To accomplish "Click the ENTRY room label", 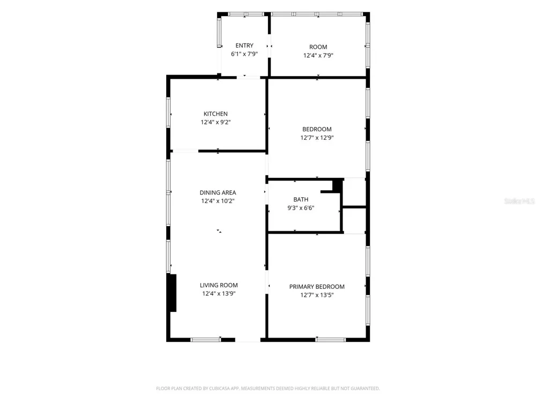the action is click(244, 46).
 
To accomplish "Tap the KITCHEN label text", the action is click(215, 114).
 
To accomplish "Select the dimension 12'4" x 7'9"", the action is click(318, 55).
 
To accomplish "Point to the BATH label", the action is click(301, 199).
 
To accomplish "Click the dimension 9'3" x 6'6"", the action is click(301, 208).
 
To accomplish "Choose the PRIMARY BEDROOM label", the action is click(317, 287).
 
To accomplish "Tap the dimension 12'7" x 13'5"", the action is click(317, 295).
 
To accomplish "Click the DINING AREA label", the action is click(218, 193).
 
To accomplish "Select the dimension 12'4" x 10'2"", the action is click(218, 201).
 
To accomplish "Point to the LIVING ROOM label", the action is click(219, 285).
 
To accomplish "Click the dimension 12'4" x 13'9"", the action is click(219, 293).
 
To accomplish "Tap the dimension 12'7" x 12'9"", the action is click(317, 138).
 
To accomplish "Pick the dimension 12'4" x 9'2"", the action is click(215, 122).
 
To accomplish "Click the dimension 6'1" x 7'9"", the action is click(244, 54).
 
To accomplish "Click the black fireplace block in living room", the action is click(173, 293).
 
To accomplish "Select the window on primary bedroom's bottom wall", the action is click(331, 339).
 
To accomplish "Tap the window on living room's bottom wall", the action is click(206, 339).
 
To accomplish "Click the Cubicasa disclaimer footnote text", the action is click(268, 388).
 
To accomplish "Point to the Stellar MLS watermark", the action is click(519, 201).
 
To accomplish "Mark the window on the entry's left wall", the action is click(219, 33).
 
